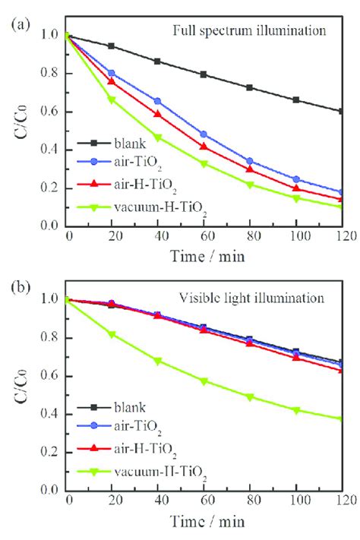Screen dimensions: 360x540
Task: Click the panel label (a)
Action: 21,25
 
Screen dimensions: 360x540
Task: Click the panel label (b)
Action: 21,287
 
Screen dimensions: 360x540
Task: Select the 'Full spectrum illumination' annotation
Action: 249,31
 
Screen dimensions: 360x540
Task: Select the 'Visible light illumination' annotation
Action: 251,298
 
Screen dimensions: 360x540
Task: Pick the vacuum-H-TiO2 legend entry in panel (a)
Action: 142,208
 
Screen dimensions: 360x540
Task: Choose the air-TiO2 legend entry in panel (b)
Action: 119,427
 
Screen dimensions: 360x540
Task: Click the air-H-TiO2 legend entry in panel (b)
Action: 127,450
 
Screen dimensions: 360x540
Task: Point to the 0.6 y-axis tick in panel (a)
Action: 50,112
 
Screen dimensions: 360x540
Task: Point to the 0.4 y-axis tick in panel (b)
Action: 50,414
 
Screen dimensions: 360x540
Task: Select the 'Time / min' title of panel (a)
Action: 207,257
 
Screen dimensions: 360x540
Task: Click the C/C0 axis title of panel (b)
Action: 21,386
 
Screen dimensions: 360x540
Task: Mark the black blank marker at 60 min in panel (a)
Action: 204,74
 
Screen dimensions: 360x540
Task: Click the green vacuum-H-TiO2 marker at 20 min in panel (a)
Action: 112,99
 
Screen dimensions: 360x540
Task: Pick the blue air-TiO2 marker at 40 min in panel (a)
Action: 157,101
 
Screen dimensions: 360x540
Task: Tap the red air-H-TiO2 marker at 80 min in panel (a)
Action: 250,169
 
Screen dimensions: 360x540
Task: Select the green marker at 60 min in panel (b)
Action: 204,381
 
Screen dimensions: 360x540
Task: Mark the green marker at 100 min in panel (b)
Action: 296,410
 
